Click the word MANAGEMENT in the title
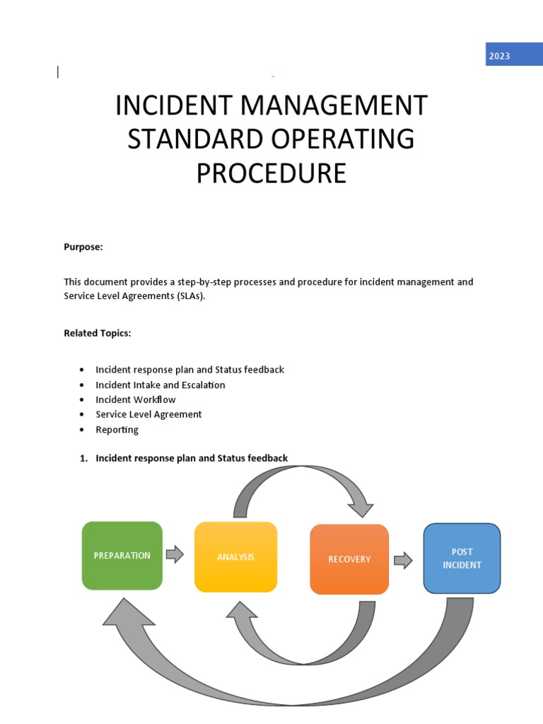[x=334, y=106]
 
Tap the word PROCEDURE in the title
[x=271, y=173]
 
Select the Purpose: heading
[x=83, y=247]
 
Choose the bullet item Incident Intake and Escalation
[x=160, y=385]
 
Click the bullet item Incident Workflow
[x=136, y=399]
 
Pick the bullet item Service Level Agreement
[x=148, y=414]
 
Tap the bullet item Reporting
[x=117, y=429]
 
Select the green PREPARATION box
[x=122, y=556]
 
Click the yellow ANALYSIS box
[x=235, y=557]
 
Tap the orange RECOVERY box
[x=349, y=559]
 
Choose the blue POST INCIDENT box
[x=462, y=559]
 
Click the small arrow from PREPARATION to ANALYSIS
[x=175, y=554]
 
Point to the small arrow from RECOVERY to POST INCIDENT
[x=403, y=561]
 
